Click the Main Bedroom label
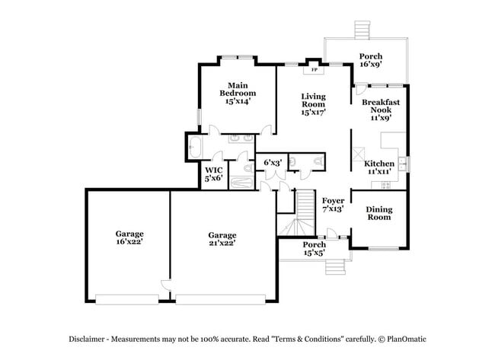pos(238,92)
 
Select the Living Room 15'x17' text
pos(313,104)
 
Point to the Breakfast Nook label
pos(381,110)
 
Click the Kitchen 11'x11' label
pos(378,167)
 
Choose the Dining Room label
pos(378,213)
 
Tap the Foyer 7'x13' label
pos(333,203)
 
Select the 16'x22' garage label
pos(129,237)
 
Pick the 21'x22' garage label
pos(222,239)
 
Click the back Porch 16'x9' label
pos(370,60)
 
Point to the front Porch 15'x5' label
pos(315,248)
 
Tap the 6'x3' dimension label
pos(272,162)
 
